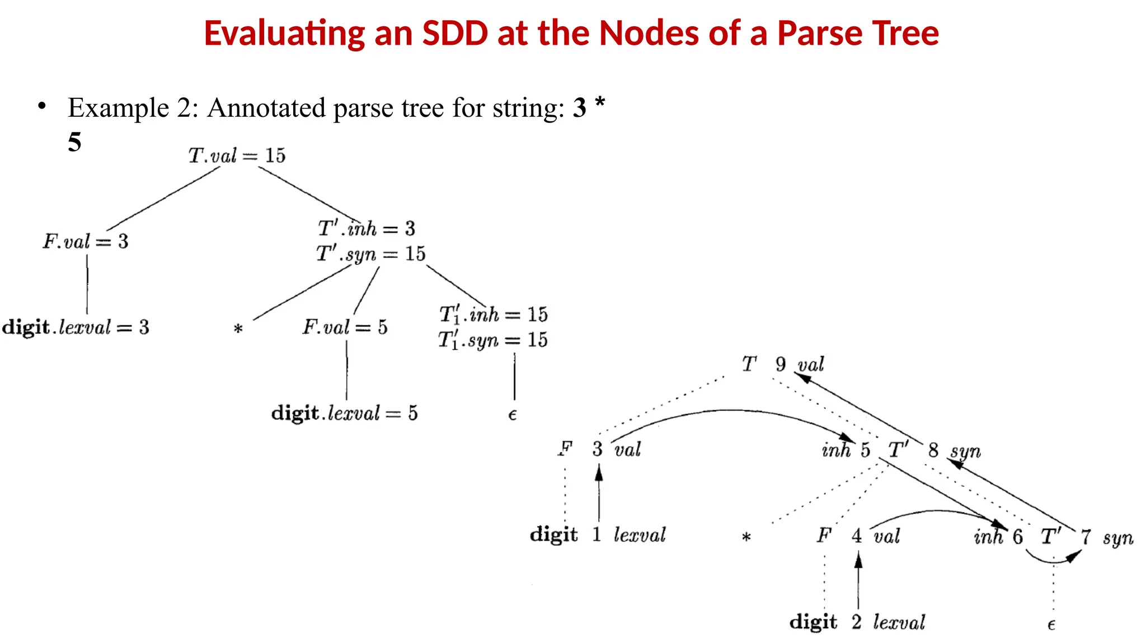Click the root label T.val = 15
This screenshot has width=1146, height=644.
point(237,155)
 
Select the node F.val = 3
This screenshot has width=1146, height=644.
point(86,241)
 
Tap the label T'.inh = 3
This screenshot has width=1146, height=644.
point(367,229)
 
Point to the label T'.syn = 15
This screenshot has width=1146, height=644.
point(370,254)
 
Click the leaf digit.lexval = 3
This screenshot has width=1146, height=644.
point(76,327)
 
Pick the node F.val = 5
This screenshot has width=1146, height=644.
point(345,327)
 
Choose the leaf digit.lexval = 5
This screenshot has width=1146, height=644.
point(344,413)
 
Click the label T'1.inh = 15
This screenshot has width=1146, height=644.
point(493,315)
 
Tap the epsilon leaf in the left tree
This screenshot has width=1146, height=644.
point(512,415)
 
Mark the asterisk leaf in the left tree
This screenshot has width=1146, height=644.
point(238,329)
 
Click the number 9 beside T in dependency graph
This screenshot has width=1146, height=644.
point(781,364)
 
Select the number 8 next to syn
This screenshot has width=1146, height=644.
point(933,450)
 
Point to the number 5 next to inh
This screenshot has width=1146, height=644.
point(865,450)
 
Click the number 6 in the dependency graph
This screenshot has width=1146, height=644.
point(1017,537)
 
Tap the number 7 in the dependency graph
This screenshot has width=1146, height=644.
point(1086,537)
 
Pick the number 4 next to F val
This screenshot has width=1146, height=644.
point(857,536)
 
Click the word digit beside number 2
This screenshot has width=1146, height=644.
point(813,622)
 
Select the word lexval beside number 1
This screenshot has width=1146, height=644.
point(640,535)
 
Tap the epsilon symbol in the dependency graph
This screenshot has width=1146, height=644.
point(1051,625)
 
